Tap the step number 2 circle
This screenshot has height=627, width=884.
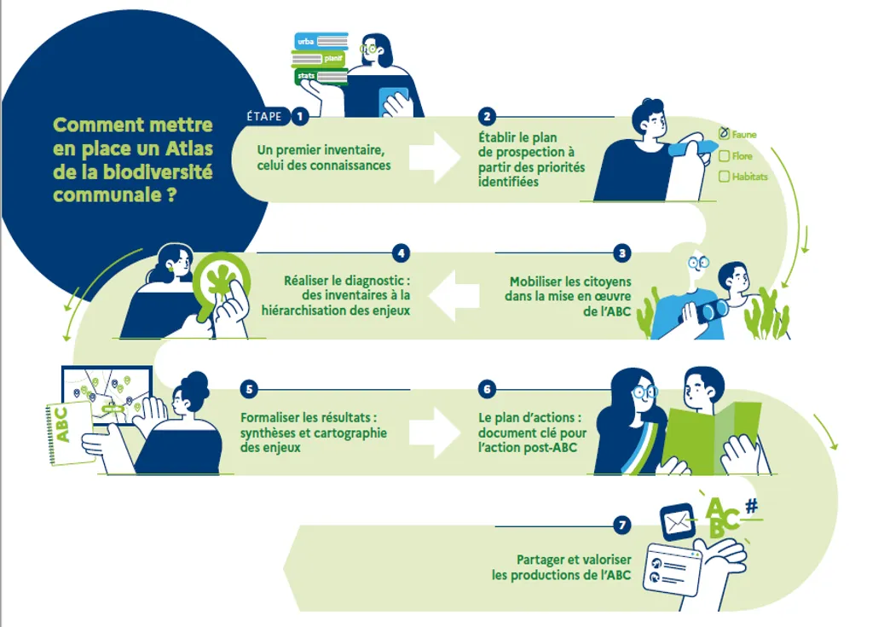[x=487, y=116]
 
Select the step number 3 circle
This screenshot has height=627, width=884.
[x=623, y=253]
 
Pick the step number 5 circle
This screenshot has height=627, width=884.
[x=249, y=389]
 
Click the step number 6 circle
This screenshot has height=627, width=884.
[x=487, y=389]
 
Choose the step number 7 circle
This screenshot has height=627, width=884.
[x=623, y=525]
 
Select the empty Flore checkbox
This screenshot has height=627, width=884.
[x=724, y=156]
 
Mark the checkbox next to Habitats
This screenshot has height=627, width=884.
[x=724, y=177]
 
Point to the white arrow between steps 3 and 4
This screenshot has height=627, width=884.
[x=453, y=295]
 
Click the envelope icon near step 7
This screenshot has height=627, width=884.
[x=678, y=517]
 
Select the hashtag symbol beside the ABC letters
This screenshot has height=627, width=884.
[x=750, y=506]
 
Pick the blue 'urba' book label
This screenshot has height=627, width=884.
[x=305, y=41]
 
